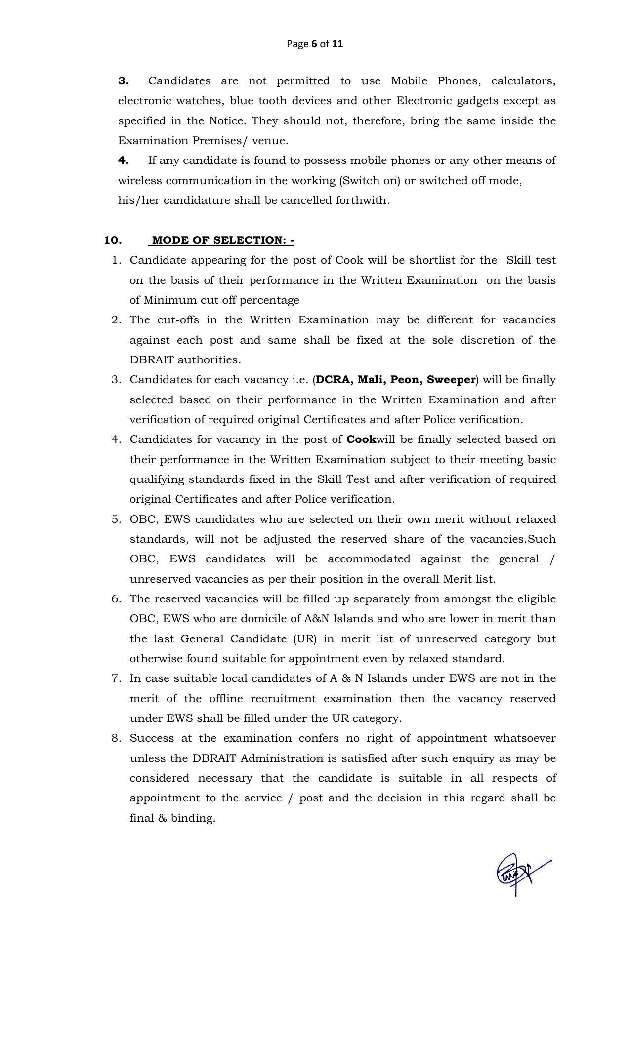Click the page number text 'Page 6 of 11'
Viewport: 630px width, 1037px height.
pos(315,44)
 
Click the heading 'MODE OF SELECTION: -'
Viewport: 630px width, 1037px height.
pos(223,240)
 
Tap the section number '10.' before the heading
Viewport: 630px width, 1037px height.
pos(113,240)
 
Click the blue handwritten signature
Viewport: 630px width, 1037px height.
pos(520,873)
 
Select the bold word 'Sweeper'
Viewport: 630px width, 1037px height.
pos(451,380)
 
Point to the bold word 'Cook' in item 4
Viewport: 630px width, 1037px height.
pos(361,439)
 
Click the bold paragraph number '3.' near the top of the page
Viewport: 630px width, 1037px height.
pos(124,81)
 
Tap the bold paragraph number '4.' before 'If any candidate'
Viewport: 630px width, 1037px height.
pos(124,160)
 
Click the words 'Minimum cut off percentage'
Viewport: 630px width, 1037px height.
pos(221,300)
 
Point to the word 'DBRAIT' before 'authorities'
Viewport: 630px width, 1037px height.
pos(152,360)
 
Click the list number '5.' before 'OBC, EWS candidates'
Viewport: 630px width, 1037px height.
pos(116,519)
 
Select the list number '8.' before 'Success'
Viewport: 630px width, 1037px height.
pos(116,738)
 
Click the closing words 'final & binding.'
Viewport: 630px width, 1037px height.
pos(172,818)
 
